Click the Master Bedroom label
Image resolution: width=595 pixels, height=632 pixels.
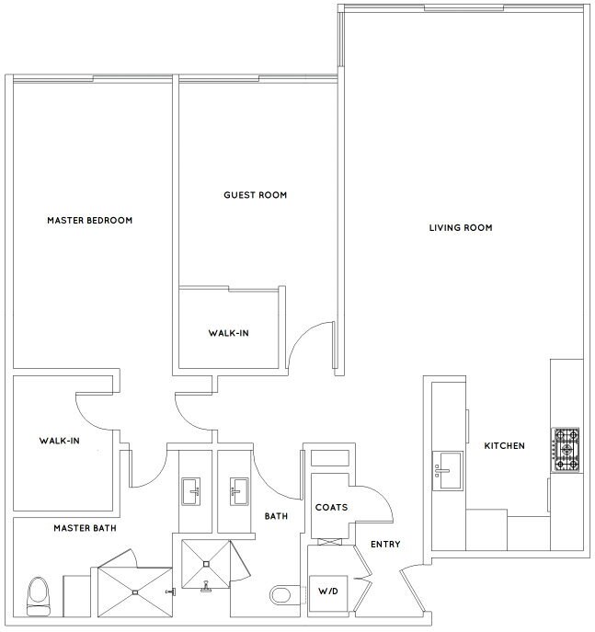tap(90, 221)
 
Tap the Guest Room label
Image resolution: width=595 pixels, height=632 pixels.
tap(256, 195)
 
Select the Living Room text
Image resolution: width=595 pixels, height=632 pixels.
tap(461, 228)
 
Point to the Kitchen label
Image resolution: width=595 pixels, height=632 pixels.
tap(504, 446)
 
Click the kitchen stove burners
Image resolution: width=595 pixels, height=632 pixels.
tap(566, 450)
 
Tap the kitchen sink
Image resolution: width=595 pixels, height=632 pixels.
tap(448, 471)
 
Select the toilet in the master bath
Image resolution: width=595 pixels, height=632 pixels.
tap(39, 596)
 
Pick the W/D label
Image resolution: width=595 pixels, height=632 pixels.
tap(328, 592)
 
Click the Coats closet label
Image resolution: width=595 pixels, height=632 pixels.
tap(332, 508)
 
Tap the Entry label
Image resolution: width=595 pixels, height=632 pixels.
tap(385, 545)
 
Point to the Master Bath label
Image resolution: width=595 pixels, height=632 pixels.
tap(85, 528)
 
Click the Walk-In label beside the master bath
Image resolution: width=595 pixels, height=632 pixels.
tap(59, 441)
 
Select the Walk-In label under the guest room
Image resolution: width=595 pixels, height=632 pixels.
tap(228, 333)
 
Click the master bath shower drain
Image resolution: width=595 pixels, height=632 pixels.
tap(135, 592)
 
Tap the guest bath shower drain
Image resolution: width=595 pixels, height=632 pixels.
tap(206, 564)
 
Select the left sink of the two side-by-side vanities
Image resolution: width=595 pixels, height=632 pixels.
tap(191, 491)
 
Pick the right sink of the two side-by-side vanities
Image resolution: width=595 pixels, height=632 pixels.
tap(239, 491)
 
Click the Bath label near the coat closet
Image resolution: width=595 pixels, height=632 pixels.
tap(277, 516)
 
